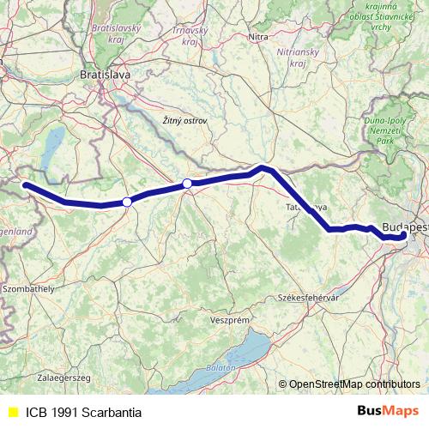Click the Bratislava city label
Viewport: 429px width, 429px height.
click(105, 75)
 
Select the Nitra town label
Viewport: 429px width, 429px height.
click(257, 37)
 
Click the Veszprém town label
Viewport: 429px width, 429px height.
click(229, 319)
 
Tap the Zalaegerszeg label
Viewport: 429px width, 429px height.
click(39, 377)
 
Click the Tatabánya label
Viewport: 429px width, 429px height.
click(305, 208)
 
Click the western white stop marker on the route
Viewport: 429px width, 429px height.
click(127, 202)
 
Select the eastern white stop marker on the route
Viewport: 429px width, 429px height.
click(187, 183)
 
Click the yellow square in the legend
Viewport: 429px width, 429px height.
click(12, 412)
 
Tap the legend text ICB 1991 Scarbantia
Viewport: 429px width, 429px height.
click(84, 412)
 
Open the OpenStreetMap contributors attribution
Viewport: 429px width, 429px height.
click(353, 384)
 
